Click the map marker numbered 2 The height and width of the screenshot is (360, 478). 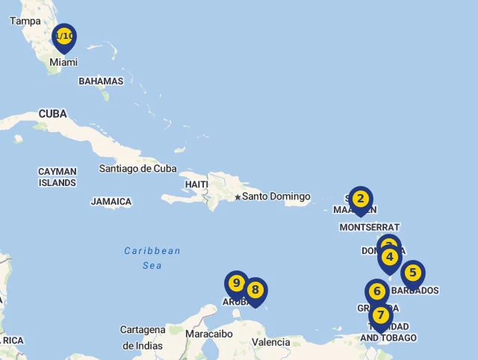tap(360, 199)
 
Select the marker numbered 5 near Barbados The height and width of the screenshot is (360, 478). tap(412, 273)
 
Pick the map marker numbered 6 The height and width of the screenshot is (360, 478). tap(377, 291)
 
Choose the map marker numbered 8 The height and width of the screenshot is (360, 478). tap(255, 290)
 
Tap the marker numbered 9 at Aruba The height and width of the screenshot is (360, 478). tap(236, 283)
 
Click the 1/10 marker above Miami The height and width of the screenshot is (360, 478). tap(64, 36)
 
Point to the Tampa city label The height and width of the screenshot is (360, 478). tap(25, 21)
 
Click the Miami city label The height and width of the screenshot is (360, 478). tap(63, 63)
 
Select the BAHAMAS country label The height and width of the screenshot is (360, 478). tap(101, 81)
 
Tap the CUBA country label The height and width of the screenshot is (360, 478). tap(52, 114)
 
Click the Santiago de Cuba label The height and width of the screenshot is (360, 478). tap(137, 168)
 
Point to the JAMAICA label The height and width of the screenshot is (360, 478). tap(111, 202)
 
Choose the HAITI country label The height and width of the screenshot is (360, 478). tap(196, 184)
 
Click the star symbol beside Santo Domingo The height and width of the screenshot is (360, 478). tap(238, 197)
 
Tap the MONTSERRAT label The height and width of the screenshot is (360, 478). tap(369, 227)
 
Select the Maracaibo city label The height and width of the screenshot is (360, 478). tap(210, 334)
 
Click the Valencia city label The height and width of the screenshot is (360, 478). tap(271, 342)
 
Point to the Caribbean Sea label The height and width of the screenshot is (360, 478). tap(152, 258)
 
